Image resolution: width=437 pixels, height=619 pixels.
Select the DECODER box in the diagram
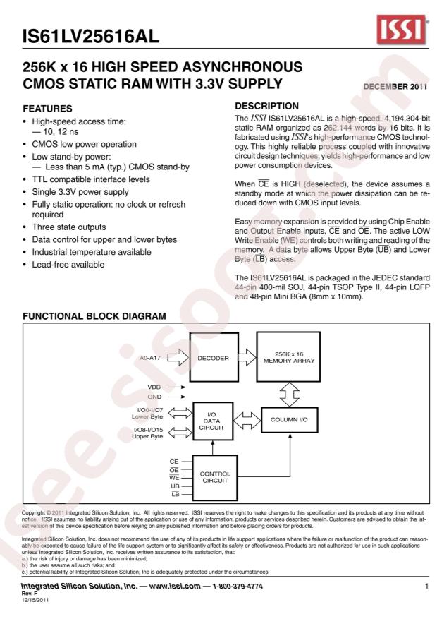click(x=213, y=358)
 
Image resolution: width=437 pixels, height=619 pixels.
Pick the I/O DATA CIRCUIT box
click(x=213, y=422)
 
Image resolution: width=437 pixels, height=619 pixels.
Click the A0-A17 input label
click(x=152, y=358)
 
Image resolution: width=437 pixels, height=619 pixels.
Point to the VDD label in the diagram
click(x=154, y=387)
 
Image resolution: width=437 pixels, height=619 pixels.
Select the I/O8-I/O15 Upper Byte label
click(x=147, y=433)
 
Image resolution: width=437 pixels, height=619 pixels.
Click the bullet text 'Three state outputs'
click(x=69, y=227)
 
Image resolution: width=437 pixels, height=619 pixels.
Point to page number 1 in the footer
click(x=427, y=586)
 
